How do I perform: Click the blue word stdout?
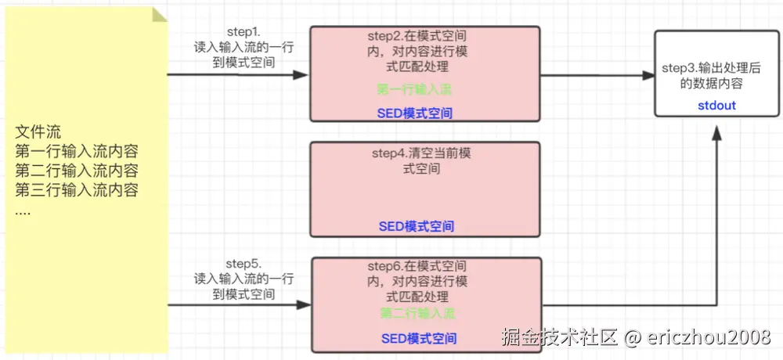coord(716,105)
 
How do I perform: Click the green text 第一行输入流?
coord(414,89)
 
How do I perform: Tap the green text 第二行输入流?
coord(418,313)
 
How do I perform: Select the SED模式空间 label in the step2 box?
coord(414,113)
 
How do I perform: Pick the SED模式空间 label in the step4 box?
coord(416,226)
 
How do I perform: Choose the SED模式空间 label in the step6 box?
coord(419,339)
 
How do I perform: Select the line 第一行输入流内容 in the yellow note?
coord(77,151)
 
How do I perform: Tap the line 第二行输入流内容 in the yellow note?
coord(77,171)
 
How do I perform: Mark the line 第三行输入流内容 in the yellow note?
coord(77,190)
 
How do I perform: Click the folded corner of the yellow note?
coord(160,13)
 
